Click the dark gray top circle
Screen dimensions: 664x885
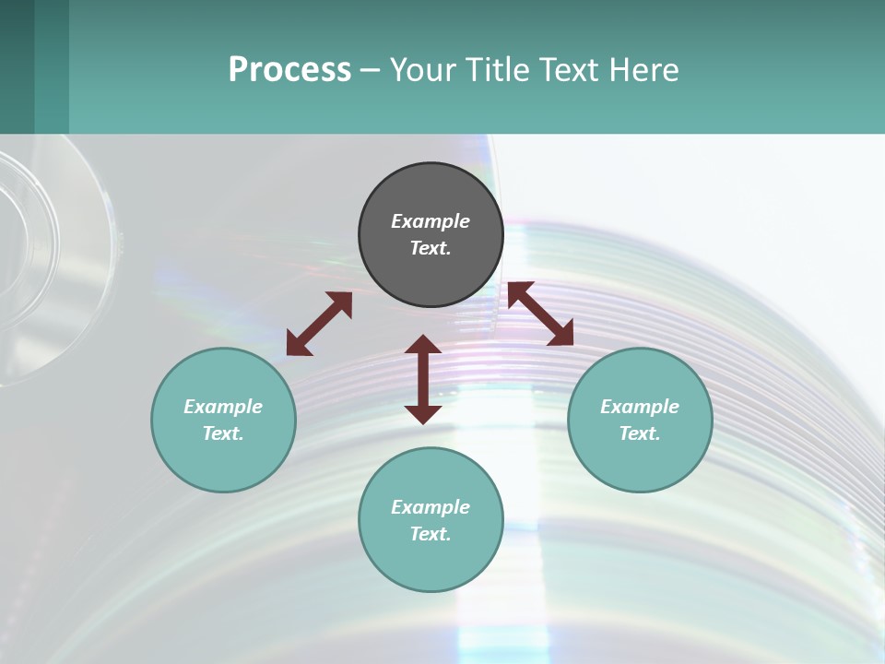point(431,235)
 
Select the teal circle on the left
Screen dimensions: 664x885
point(223,420)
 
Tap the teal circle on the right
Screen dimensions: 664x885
point(640,420)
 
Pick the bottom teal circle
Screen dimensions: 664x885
point(431,520)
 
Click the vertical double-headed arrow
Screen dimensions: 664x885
point(423,379)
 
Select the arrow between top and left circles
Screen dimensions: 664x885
point(319,324)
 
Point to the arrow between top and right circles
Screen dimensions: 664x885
point(540,314)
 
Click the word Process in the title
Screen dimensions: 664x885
point(289,69)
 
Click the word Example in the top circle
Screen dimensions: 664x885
point(431,221)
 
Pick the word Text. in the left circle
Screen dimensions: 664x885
point(223,433)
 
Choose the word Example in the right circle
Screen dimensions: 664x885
point(640,407)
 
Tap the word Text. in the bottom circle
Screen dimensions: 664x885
point(431,534)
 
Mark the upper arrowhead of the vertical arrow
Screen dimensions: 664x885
point(423,345)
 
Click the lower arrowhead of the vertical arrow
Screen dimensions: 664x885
point(423,414)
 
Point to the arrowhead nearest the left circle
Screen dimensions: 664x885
point(297,345)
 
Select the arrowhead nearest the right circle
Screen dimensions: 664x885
point(561,334)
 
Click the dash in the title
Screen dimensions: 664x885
point(370,70)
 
